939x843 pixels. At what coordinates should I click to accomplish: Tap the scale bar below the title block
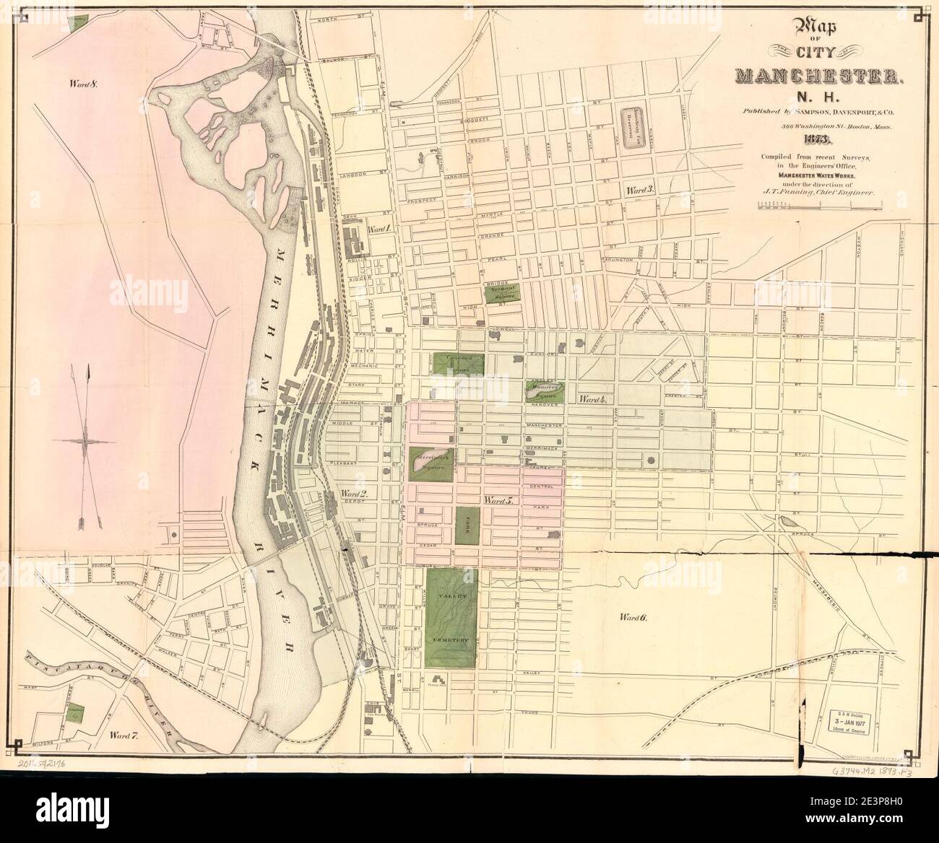pyautogui.click(x=816, y=206)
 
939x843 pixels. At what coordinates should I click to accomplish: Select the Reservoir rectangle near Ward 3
pyautogui.click(x=639, y=128)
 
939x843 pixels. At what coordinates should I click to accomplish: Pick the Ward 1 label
pyautogui.click(x=380, y=229)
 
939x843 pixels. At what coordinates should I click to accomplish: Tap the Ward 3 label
pyautogui.click(x=640, y=191)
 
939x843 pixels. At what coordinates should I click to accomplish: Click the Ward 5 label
pyautogui.click(x=498, y=499)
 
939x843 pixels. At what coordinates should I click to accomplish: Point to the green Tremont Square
pyautogui.click(x=499, y=292)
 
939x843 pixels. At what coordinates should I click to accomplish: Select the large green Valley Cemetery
pyautogui.click(x=451, y=618)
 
